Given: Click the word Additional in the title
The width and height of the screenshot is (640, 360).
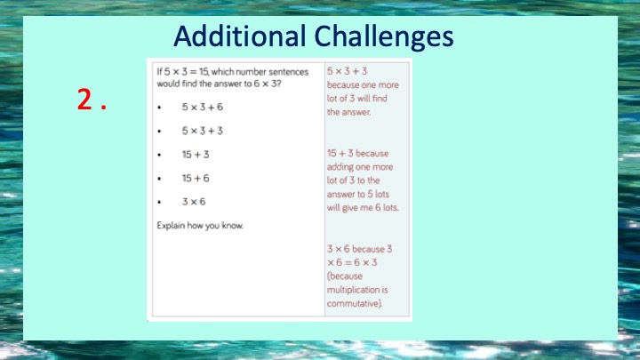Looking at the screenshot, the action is [x=240, y=36].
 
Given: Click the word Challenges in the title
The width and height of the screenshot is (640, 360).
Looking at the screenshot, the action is [x=384, y=37].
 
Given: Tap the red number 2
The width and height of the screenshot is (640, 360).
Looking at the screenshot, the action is [x=85, y=100].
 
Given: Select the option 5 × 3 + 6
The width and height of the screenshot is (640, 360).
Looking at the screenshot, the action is [x=203, y=107].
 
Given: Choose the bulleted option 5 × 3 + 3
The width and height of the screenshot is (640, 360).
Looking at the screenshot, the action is [x=203, y=131].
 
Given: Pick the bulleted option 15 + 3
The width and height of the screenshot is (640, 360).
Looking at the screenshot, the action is [x=196, y=155].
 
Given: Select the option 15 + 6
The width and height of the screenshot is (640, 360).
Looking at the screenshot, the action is [x=196, y=178].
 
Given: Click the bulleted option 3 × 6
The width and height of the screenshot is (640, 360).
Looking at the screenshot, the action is [x=194, y=202].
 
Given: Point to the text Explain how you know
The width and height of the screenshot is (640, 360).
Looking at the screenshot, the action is [x=200, y=226].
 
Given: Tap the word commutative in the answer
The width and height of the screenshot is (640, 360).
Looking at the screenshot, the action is [x=355, y=304].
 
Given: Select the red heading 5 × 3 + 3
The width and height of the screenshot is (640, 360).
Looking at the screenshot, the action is [x=347, y=71].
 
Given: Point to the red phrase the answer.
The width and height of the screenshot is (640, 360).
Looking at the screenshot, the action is [x=349, y=112].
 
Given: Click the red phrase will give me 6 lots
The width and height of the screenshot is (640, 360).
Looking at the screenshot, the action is [x=363, y=208].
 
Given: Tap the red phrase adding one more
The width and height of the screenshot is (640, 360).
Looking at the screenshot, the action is [x=360, y=167].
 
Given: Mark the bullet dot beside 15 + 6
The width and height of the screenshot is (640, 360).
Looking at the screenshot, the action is [x=159, y=179].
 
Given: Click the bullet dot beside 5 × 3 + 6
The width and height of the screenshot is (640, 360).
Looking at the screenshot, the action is [x=159, y=108].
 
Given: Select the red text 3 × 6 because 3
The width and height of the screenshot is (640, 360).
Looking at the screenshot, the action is [x=360, y=249].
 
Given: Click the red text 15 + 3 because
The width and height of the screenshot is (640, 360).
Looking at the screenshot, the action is [x=357, y=154].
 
